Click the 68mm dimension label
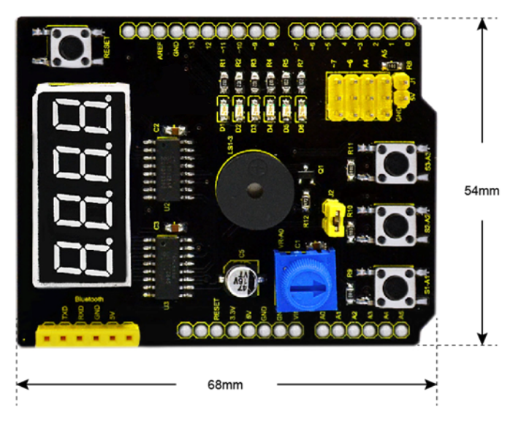click(226, 383)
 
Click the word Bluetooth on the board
click(89, 300)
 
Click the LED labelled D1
click(224, 110)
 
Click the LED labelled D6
click(300, 110)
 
